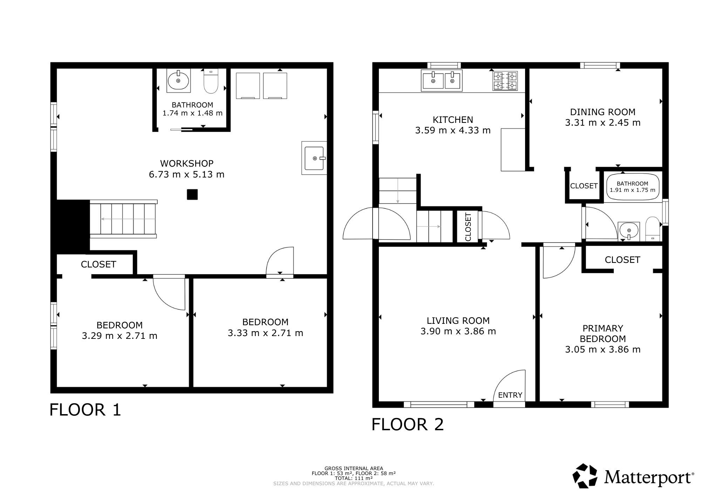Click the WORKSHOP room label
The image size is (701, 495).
point(187,163)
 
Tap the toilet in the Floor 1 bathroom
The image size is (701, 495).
point(211,81)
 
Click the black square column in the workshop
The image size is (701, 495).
point(192,194)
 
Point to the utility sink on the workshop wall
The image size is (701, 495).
point(314,158)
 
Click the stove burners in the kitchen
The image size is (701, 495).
point(505,81)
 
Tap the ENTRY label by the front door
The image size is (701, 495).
point(510,395)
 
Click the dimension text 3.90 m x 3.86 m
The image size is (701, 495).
point(458,331)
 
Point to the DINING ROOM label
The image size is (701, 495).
point(603,112)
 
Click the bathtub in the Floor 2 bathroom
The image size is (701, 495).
point(632,187)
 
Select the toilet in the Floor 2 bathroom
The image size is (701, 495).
point(653,229)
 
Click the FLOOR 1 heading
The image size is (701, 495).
point(85,410)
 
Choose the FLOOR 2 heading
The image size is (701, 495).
point(407,424)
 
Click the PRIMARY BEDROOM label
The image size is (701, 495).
point(603,334)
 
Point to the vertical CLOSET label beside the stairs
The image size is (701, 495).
point(468,227)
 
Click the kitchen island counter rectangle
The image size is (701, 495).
point(513,149)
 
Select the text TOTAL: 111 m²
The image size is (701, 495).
point(354,478)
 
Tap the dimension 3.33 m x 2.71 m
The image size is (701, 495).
point(265,333)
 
